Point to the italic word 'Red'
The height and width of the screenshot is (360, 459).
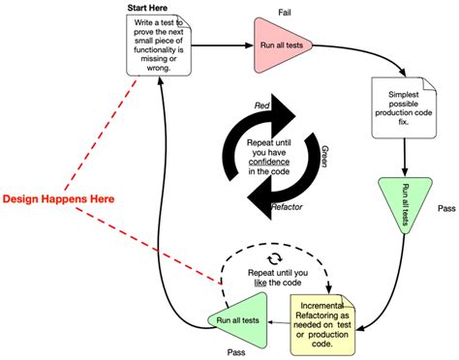pyautogui.click(x=262, y=104)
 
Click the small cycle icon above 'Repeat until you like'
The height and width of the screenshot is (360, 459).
pyautogui.click(x=274, y=258)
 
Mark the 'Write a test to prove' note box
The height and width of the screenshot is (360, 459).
pyautogui.click(x=161, y=46)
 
